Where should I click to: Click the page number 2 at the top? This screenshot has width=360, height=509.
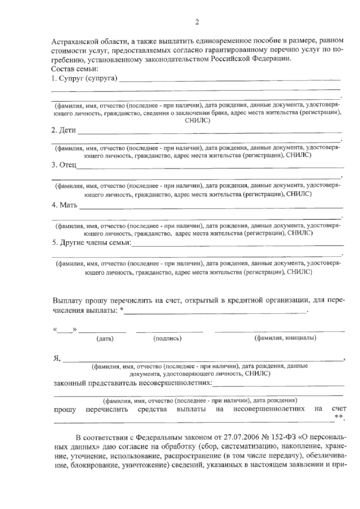[197, 22]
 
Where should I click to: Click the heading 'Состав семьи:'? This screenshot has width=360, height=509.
[74, 69]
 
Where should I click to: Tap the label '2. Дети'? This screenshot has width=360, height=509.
[64, 130]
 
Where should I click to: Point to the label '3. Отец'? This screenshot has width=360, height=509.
[64, 165]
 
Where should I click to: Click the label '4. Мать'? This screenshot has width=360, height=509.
[64, 205]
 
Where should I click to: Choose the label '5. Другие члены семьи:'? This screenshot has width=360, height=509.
[92, 243]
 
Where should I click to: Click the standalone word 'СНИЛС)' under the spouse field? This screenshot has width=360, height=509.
[198, 121]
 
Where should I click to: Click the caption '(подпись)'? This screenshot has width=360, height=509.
[167, 339]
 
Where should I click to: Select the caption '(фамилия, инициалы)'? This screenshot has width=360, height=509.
[285, 338]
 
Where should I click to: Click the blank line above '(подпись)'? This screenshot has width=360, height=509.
[169, 331]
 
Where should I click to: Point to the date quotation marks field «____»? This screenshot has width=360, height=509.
[65, 330]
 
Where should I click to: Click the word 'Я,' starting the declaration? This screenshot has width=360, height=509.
[57, 358]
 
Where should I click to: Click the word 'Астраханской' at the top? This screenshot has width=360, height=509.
[71, 41]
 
